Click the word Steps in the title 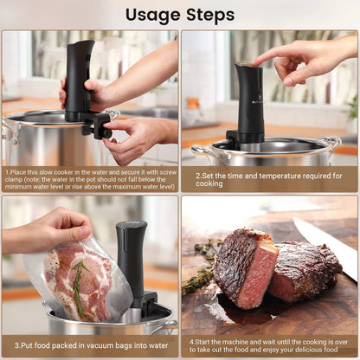tap(207, 15)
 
